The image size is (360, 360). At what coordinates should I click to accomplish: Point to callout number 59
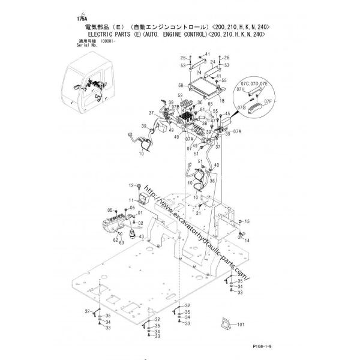coord(179,96)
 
